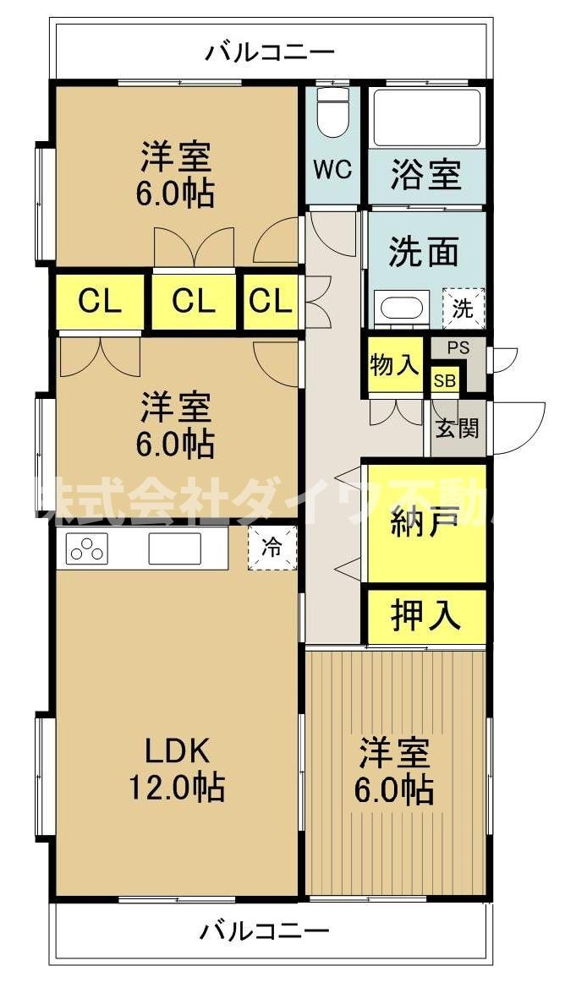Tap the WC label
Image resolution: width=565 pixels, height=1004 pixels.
click(x=332, y=170)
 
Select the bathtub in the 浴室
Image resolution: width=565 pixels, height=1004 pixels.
click(x=426, y=117)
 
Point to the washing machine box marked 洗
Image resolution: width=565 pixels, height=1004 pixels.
click(x=464, y=308)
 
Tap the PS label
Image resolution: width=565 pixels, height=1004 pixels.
click(x=458, y=348)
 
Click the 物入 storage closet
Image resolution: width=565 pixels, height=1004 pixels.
click(x=395, y=366)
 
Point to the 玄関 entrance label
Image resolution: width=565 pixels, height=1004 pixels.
click(x=458, y=428)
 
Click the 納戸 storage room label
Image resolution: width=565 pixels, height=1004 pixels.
click(x=424, y=525)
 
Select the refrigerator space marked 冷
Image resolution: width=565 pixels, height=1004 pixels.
click(x=273, y=548)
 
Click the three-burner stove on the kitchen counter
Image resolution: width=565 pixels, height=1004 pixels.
click(x=86, y=548)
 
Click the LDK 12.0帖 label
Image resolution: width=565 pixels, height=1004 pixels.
click(x=176, y=768)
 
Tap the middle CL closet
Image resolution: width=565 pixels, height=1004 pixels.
click(x=193, y=301)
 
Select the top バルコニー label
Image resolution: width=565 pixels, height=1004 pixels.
click(x=270, y=52)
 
